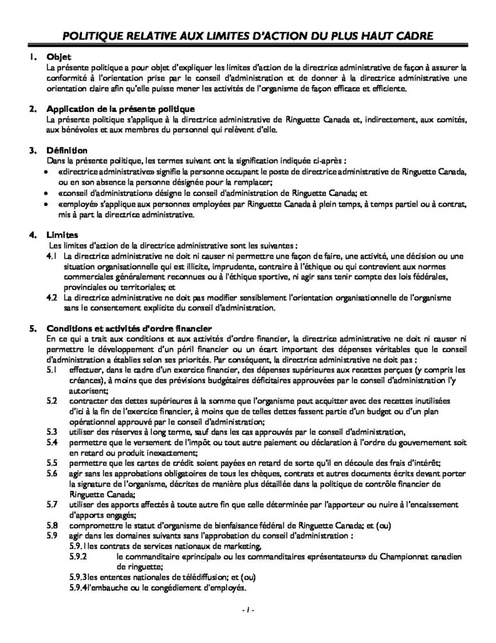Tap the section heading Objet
(x=59, y=57)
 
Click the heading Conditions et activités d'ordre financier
(x=130, y=328)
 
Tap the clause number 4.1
(x=53, y=256)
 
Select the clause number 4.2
(x=53, y=297)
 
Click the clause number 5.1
(x=53, y=370)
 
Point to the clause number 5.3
(x=53, y=431)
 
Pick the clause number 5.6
(x=53, y=473)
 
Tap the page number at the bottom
(x=248, y=610)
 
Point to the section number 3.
(x=32, y=151)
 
